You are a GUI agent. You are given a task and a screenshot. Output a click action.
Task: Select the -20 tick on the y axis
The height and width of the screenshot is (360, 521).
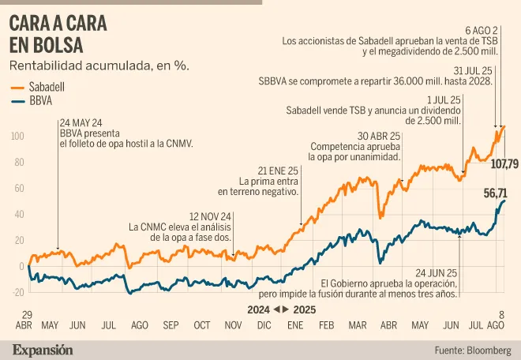(15, 293)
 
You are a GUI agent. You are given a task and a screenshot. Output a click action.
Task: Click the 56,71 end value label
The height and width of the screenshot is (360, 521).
(495, 193)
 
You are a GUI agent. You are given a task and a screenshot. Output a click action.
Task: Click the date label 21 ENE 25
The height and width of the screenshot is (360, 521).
(278, 171)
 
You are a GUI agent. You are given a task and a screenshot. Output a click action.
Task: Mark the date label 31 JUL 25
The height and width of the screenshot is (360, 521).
(470, 69)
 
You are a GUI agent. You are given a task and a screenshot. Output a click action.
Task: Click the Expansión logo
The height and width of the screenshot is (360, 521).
(42, 349)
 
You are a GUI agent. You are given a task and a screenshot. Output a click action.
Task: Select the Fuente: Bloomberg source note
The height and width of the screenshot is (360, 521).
(473, 349)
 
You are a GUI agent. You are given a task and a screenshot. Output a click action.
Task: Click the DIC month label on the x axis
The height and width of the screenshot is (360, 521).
(264, 324)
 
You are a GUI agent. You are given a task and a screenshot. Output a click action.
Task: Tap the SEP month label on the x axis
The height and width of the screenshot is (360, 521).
(171, 324)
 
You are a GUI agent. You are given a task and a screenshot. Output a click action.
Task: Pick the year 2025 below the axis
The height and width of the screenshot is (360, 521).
(303, 309)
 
